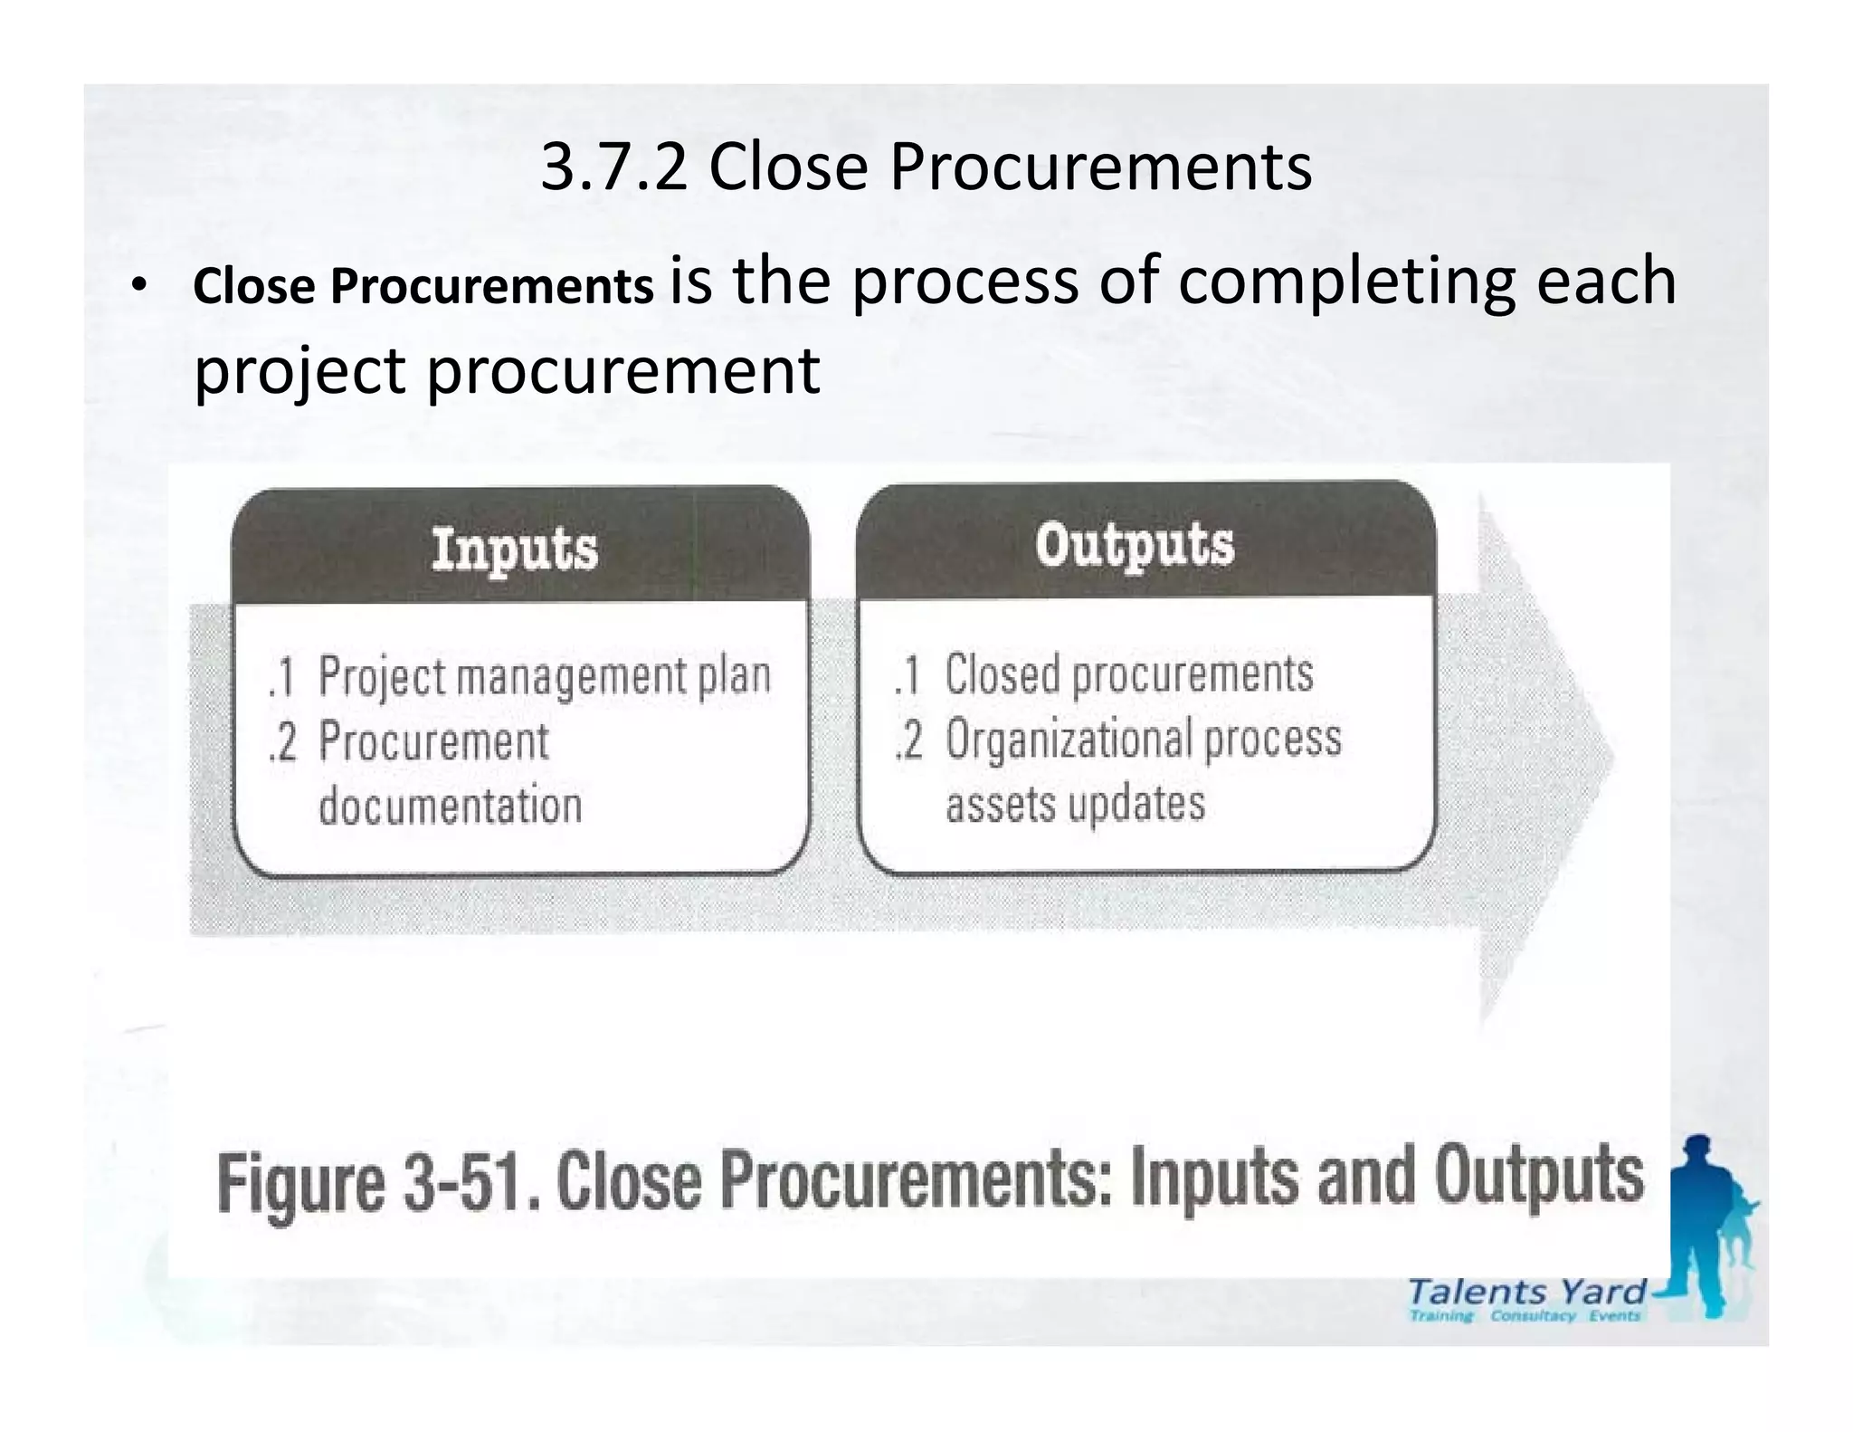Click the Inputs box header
click(x=515, y=549)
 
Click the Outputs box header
click(x=1135, y=545)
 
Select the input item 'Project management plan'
click(x=544, y=676)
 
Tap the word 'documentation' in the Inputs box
click(x=450, y=805)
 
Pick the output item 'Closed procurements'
click(x=1128, y=674)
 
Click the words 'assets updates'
click(x=1075, y=803)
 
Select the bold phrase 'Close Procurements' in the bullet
click(x=423, y=286)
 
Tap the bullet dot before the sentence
click(x=137, y=286)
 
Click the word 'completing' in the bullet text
click(x=1346, y=281)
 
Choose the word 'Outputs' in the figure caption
click(x=1538, y=1176)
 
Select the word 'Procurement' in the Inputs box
click(x=433, y=741)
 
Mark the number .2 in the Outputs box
click(x=908, y=740)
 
